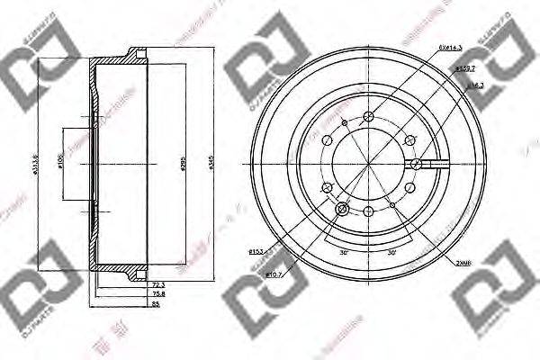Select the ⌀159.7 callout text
(x=465, y=67)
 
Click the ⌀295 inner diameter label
(x=181, y=166)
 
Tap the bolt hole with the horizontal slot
(x=418, y=164)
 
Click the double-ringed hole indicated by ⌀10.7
(x=341, y=210)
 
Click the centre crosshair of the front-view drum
(x=369, y=164)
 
